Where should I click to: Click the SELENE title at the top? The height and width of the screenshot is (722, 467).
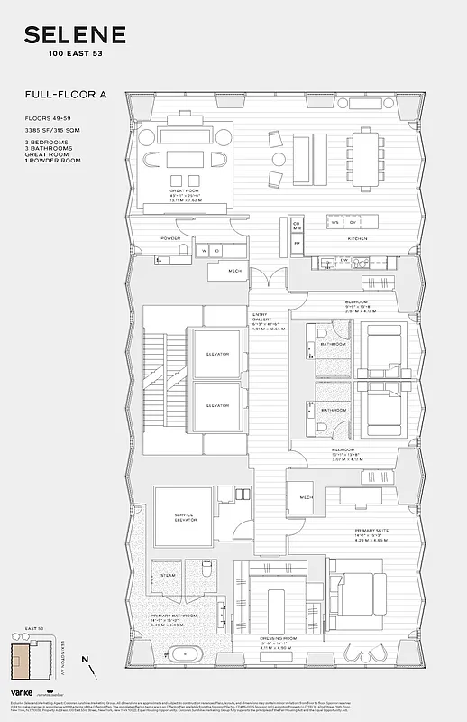point(74,36)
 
